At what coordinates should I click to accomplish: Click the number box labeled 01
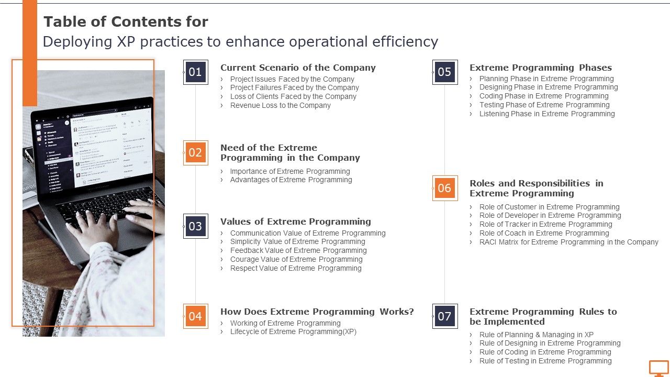[195, 72]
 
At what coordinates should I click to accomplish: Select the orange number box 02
[195, 153]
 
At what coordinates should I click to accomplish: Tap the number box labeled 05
[444, 72]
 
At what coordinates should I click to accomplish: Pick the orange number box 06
[444, 188]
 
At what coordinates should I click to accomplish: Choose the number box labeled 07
[444, 316]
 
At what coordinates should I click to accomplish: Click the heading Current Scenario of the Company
[298, 68]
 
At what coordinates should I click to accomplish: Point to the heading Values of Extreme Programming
[296, 221]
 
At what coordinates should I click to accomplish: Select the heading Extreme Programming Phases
[541, 68]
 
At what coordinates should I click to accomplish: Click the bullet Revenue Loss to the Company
[280, 105]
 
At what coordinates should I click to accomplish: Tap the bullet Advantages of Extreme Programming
[291, 180]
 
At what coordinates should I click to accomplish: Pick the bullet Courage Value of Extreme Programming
[296, 259]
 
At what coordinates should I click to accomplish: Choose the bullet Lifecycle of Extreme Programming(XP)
[293, 331]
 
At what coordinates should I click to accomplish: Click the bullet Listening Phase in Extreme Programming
[547, 114]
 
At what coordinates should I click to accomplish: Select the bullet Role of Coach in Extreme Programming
[544, 233]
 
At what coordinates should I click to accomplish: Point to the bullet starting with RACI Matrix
[569, 242]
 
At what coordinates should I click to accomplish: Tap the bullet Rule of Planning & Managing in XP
[537, 335]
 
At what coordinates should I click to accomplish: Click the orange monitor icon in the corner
[658, 368]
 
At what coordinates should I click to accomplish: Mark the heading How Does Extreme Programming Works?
[317, 312]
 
